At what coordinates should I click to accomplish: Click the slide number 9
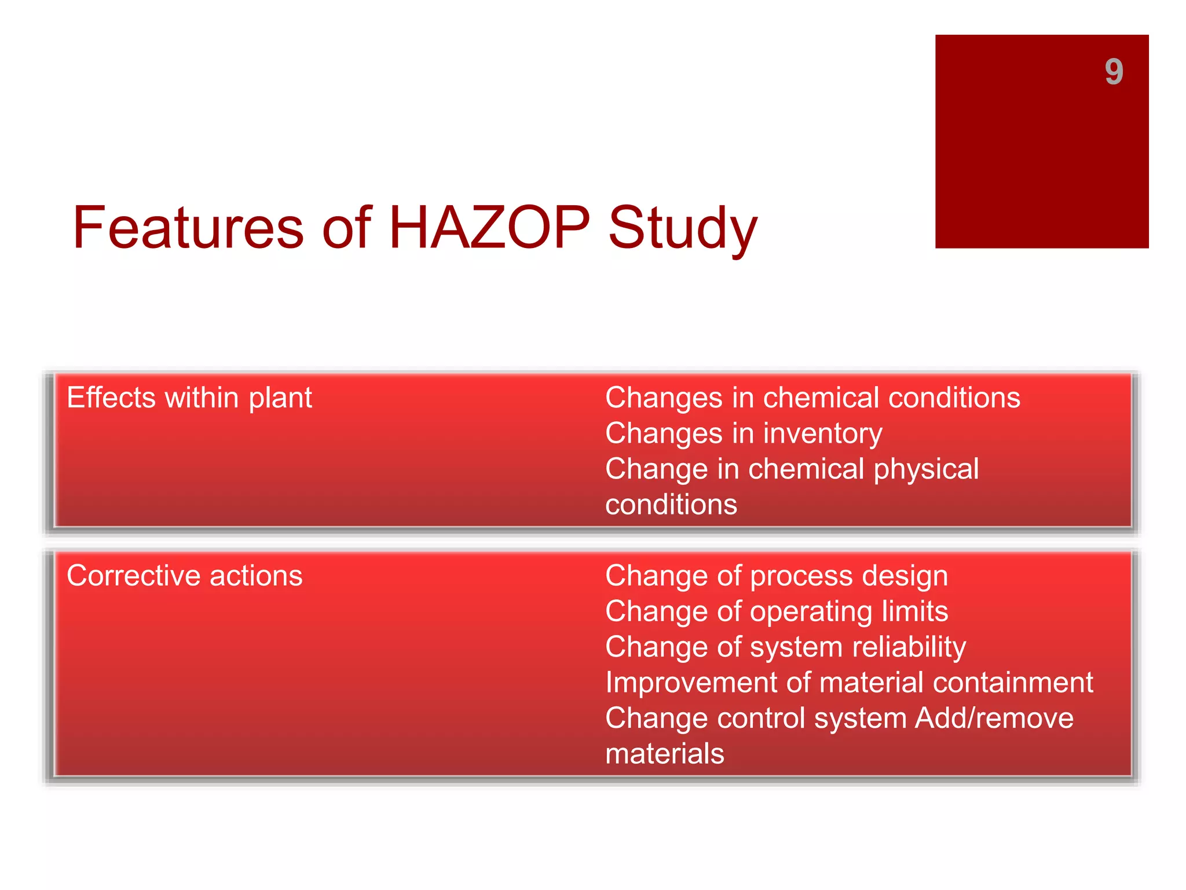click(1113, 72)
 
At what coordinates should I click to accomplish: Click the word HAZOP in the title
click(489, 228)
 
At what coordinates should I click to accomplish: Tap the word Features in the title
click(188, 228)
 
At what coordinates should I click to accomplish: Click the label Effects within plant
click(189, 398)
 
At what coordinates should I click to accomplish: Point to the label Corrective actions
click(184, 576)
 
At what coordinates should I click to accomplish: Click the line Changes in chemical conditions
click(812, 398)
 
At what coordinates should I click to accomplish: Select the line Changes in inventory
click(743, 434)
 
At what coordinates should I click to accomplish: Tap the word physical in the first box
click(926, 469)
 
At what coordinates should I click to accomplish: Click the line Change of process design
click(776, 576)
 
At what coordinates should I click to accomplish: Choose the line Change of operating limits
click(776, 612)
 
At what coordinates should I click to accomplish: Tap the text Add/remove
click(994, 718)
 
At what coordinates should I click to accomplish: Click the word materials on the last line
click(664, 754)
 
